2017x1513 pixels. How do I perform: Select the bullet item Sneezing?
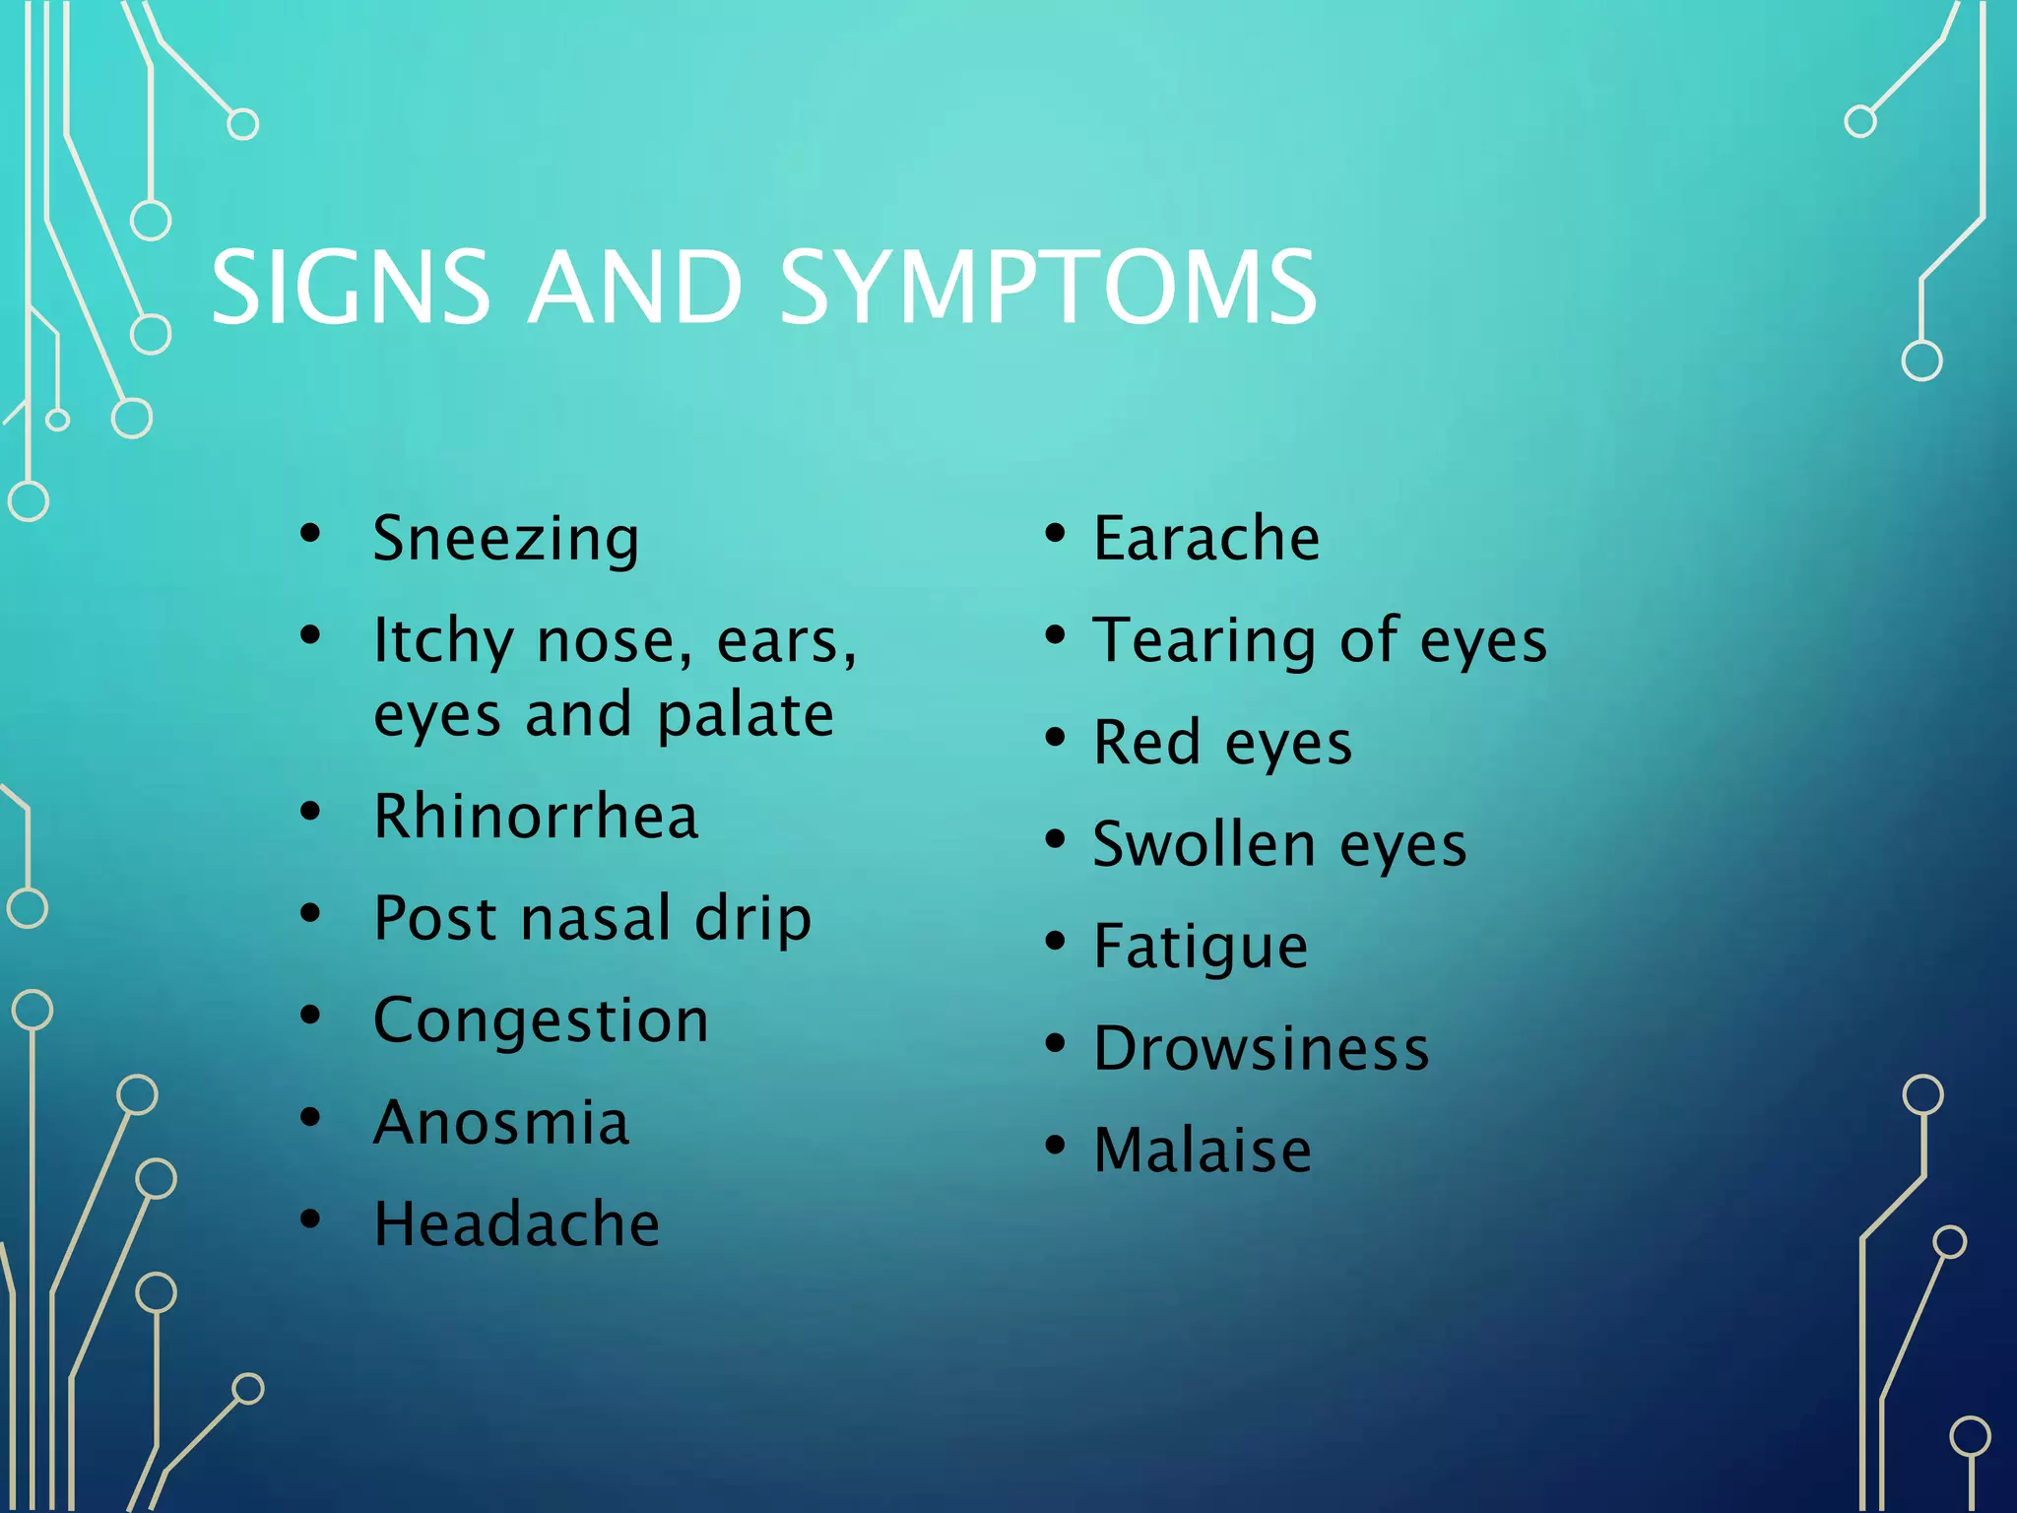(x=506, y=539)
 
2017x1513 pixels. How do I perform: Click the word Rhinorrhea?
(x=536, y=817)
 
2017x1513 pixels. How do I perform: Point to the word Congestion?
(x=541, y=1020)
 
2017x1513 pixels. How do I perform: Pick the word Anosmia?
(x=501, y=1122)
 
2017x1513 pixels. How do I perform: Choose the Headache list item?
(x=516, y=1224)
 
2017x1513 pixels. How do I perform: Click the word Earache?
(x=1206, y=538)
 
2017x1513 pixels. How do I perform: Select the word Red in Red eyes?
(x=1146, y=742)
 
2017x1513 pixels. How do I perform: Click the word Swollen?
(x=1204, y=844)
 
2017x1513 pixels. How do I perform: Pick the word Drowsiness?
(x=1261, y=1048)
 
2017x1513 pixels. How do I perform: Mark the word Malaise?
(x=1203, y=1150)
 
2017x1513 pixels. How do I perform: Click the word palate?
(x=746, y=716)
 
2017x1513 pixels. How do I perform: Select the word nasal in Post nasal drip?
(x=595, y=919)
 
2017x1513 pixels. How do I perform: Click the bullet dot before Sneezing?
(x=311, y=534)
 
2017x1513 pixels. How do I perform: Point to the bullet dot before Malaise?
(x=1055, y=1146)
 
